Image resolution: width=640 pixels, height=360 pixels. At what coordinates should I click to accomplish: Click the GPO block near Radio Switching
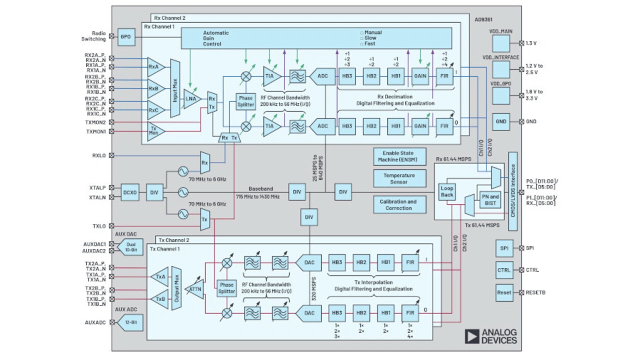126,36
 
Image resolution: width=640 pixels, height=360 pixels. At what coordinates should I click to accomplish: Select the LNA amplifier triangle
191,98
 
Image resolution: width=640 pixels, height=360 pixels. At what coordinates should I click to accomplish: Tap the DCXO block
130,192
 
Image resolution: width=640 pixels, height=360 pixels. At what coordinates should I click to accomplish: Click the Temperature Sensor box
399,179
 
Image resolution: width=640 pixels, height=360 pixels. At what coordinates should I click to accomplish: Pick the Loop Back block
447,192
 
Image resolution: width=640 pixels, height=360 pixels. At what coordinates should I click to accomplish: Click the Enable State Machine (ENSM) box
399,156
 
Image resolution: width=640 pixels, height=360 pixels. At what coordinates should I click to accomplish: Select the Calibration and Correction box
399,205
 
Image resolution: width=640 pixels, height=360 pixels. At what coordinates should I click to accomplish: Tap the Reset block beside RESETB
504,292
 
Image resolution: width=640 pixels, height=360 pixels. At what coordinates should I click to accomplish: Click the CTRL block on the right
504,270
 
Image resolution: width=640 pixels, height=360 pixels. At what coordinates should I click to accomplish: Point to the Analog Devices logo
490,336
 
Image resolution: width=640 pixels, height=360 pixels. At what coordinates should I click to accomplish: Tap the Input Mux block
175,88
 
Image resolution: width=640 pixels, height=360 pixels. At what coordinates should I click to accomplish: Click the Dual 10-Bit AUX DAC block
129,247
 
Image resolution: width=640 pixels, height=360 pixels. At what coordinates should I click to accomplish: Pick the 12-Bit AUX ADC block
129,322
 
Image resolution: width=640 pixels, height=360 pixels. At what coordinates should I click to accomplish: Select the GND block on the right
500,121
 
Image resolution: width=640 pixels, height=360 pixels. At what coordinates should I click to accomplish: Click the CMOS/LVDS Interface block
512,191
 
